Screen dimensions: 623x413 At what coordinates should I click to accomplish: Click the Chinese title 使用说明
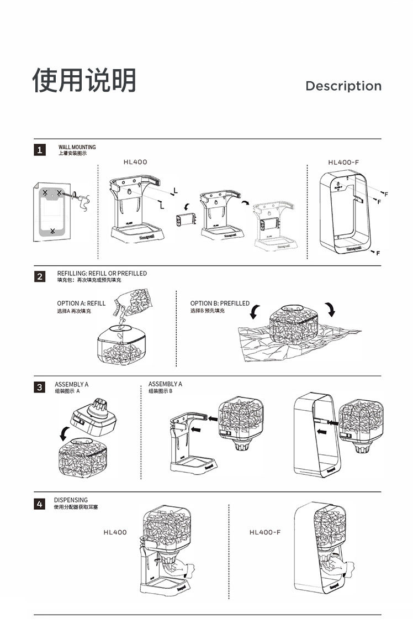[x=84, y=81]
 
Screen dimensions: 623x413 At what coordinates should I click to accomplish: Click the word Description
[x=343, y=86]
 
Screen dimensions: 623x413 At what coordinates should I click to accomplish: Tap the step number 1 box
[x=40, y=150]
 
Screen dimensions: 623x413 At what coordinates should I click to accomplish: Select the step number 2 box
[x=40, y=276]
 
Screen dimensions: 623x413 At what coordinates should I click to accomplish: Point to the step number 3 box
[x=40, y=387]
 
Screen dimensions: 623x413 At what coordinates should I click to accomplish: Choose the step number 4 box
[x=40, y=504]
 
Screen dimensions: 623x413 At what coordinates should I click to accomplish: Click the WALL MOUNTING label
[x=77, y=147]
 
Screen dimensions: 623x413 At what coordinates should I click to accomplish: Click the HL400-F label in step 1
[x=343, y=163]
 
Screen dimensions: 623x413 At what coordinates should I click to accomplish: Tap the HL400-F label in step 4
[x=265, y=532]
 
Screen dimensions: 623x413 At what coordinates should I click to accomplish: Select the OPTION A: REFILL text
[x=81, y=303]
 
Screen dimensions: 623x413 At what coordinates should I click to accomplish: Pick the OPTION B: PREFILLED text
[x=220, y=303]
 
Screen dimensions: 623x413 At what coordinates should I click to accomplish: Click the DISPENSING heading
[x=71, y=500]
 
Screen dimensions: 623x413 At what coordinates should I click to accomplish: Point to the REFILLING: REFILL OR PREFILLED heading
[x=102, y=273]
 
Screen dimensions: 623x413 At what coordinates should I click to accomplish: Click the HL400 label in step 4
[x=115, y=532]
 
